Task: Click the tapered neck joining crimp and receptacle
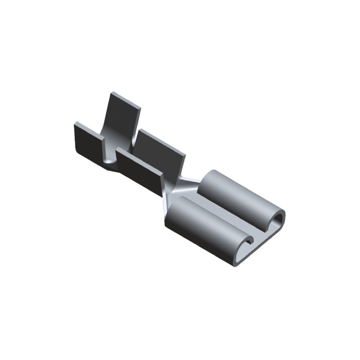coord(182,187)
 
